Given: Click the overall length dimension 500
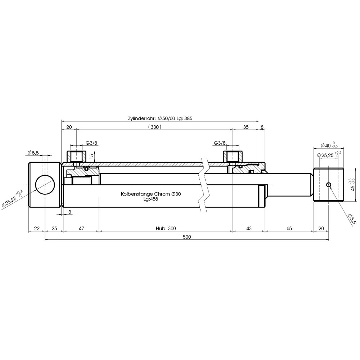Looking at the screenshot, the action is click(x=186, y=237).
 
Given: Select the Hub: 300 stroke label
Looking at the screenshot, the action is click(x=166, y=229).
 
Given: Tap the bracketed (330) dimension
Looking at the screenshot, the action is click(x=154, y=127).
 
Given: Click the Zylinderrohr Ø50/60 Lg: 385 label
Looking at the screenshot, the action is click(x=160, y=119).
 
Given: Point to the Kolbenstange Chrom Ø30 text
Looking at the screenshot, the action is click(x=151, y=194).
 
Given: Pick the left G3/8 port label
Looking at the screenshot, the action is click(x=91, y=143).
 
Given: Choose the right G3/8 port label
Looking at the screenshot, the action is click(x=220, y=143).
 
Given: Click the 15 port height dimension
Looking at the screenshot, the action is click(x=91, y=156).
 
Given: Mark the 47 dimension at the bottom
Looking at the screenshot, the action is click(x=81, y=229).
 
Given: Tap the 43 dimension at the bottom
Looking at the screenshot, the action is click(x=249, y=229).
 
